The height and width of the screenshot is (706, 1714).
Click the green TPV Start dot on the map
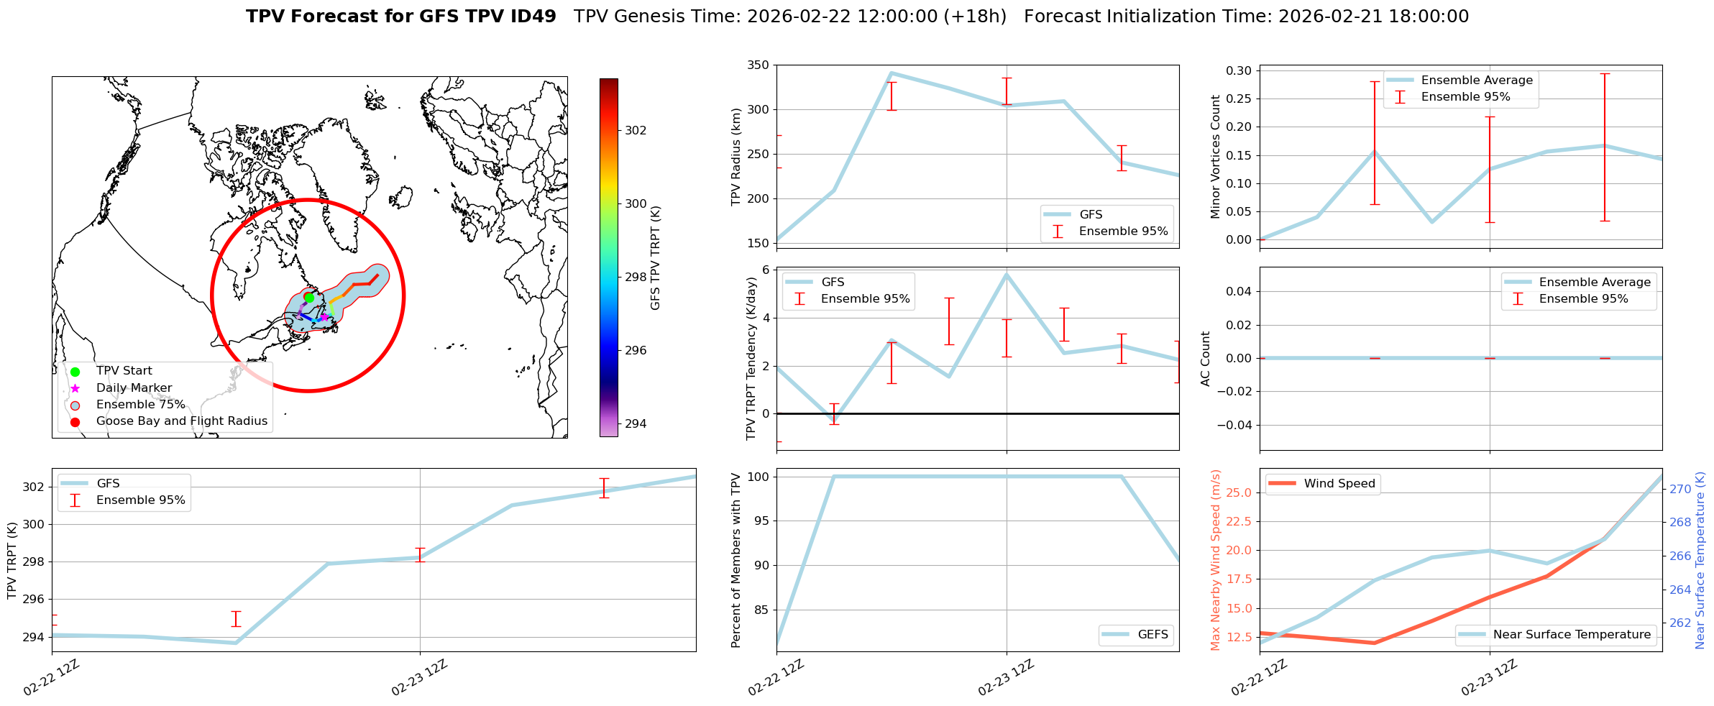[x=309, y=297]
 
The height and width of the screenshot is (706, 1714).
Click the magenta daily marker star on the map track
[x=324, y=316]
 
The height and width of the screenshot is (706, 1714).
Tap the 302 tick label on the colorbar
[x=636, y=130]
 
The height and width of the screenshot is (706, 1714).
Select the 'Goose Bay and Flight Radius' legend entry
[x=181, y=421]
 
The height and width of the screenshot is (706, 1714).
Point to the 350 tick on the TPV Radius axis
[x=759, y=65]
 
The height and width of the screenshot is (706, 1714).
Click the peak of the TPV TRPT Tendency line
[x=1007, y=274]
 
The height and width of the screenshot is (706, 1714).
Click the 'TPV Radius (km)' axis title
[x=735, y=157]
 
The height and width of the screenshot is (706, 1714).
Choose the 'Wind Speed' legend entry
[x=1339, y=484]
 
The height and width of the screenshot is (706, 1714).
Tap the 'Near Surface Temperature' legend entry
[x=1572, y=635]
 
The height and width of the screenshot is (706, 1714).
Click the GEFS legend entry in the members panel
[x=1152, y=635]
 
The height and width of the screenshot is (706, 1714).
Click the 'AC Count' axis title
[x=1206, y=358]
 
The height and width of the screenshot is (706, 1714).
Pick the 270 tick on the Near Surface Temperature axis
[x=1680, y=489]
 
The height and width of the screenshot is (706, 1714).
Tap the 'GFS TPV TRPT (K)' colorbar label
[x=655, y=257]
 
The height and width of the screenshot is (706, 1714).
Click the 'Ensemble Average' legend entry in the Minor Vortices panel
[x=1476, y=81]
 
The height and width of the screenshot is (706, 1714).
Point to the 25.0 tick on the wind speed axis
[x=1239, y=492]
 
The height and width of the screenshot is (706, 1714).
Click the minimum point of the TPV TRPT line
[x=236, y=643]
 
